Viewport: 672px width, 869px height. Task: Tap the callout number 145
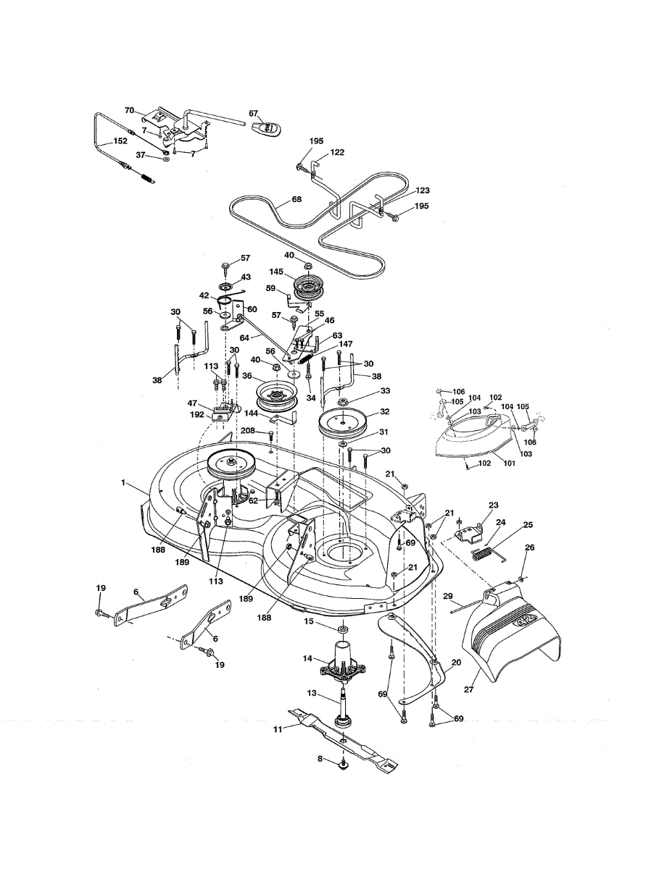click(x=277, y=273)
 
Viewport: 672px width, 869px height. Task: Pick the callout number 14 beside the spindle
click(x=307, y=658)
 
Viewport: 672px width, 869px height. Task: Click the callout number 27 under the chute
click(x=469, y=689)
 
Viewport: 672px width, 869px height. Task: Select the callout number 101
click(x=508, y=464)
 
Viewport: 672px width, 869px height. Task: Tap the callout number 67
click(x=254, y=113)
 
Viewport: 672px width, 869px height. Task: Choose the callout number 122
click(x=337, y=153)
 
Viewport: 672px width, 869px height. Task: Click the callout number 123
click(x=423, y=190)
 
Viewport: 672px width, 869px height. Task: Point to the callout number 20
click(x=456, y=662)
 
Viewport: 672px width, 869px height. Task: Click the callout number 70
click(x=130, y=111)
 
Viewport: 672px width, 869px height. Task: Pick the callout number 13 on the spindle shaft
click(x=312, y=693)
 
